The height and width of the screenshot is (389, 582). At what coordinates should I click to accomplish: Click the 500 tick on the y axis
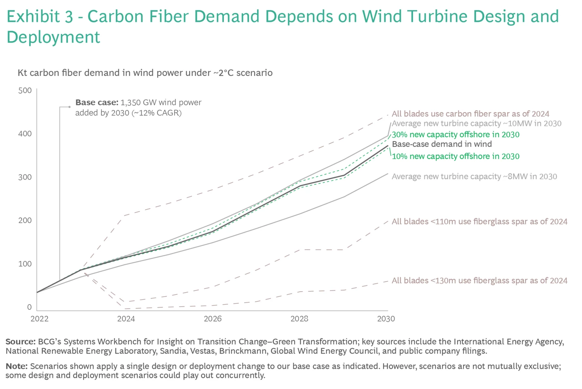coord(25,90)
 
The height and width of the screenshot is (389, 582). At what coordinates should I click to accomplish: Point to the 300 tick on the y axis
coord(25,177)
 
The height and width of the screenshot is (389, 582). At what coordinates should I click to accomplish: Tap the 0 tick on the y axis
coord(29,307)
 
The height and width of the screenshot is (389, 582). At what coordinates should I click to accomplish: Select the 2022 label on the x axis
coord(39,319)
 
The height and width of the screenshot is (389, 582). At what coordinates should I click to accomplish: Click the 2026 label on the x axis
coord(213,319)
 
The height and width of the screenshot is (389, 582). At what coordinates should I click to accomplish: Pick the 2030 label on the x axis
coord(386,319)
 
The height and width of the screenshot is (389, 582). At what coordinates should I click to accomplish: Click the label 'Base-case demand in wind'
coord(442,144)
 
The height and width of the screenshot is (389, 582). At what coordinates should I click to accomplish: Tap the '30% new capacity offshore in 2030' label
coord(455,134)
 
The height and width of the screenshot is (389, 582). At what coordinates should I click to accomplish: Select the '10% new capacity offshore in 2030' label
coord(455,156)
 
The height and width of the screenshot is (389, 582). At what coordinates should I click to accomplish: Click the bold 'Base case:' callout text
coord(97,102)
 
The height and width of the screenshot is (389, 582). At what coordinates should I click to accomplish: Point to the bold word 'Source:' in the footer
coord(21,342)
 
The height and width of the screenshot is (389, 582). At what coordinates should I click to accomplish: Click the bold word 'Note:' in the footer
coord(17,366)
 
